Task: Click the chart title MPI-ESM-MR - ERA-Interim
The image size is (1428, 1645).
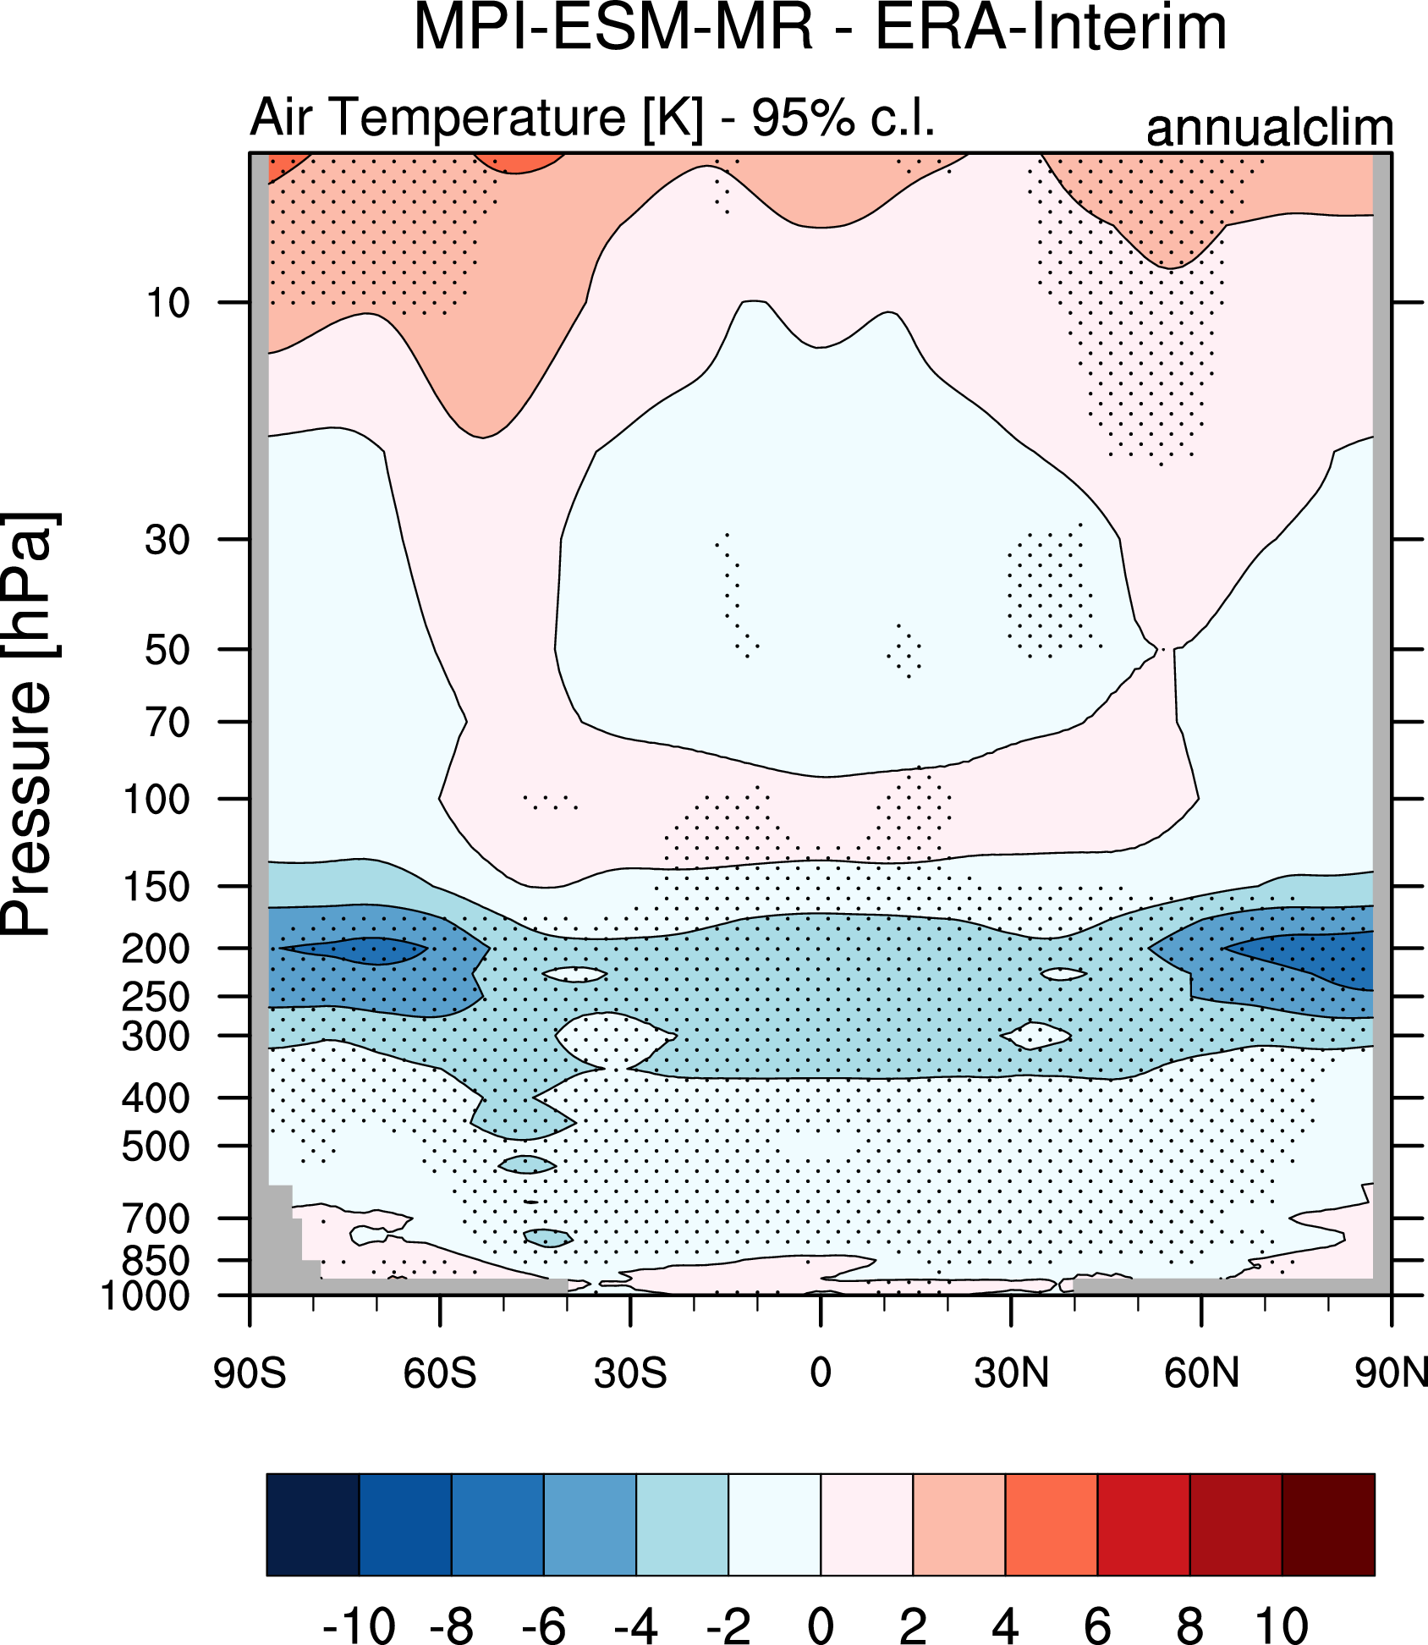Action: tap(819, 29)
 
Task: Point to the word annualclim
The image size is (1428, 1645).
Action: tap(1269, 129)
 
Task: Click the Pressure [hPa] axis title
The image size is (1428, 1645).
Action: tap(29, 723)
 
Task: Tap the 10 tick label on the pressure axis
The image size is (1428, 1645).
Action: tap(168, 303)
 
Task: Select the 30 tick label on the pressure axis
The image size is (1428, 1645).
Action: tap(168, 540)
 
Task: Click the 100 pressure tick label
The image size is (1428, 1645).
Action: tap(157, 800)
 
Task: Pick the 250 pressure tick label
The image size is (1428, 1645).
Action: tap(157, 997)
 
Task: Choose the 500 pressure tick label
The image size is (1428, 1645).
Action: tap(157, 1147)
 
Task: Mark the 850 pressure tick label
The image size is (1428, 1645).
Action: tap(157, 1261)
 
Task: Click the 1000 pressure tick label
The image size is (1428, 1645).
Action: tap(146, 1296)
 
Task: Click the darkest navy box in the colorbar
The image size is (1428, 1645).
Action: tap(313, 1525)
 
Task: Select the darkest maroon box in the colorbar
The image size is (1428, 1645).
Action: tap(1328, 1525)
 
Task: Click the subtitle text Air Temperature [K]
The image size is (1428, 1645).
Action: tap(476, 117)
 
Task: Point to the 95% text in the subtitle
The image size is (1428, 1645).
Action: tap(803, 117)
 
